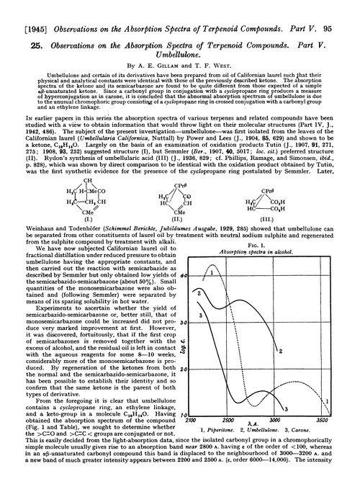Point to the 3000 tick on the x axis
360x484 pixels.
coord(294,418)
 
